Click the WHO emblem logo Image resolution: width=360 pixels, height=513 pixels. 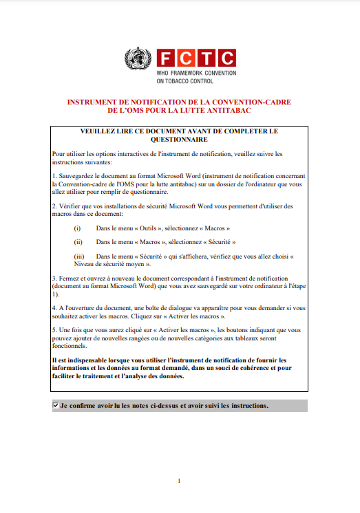(x=138, y=58)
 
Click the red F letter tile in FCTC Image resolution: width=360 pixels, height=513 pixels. (x=165, y=58)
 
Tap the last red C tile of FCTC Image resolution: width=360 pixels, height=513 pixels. (x=226, y=58)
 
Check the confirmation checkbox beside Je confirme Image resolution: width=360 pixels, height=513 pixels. (x=56, y=406)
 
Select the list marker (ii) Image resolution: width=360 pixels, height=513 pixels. (x=78, y=242)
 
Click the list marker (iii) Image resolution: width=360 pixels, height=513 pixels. (x=80, y=256)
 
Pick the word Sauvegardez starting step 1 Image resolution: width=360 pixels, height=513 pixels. (x=77, y=176)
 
